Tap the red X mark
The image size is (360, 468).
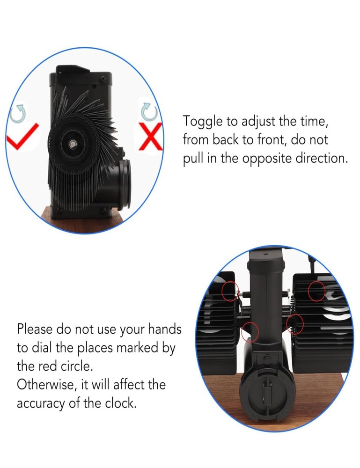coord(151,136)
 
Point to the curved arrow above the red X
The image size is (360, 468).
coord(149,112)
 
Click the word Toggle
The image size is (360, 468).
coord(203,122)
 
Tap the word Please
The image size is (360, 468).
coord(35,329)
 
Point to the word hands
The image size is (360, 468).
coord(165,329)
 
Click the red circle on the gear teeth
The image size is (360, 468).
coord(295,324)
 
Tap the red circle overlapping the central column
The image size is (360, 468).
coord(250,332)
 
